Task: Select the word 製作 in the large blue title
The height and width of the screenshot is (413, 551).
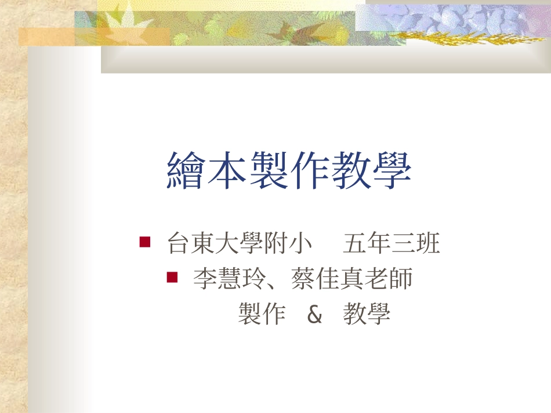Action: (x=289, y=171)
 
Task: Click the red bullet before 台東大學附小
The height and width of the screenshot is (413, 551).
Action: (x=145, y=240)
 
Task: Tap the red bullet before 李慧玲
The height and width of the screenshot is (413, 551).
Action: (x=172, y=276)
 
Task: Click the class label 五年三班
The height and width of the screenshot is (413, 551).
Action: (x=391, y=243)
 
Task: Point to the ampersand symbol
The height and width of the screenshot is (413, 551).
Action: (x=314, y=315)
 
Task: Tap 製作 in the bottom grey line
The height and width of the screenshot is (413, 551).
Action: (x=262, y=315)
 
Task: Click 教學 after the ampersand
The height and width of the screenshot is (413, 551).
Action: (x=367, y=315)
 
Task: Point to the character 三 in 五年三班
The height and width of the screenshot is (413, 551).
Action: (x=404, y=243)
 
